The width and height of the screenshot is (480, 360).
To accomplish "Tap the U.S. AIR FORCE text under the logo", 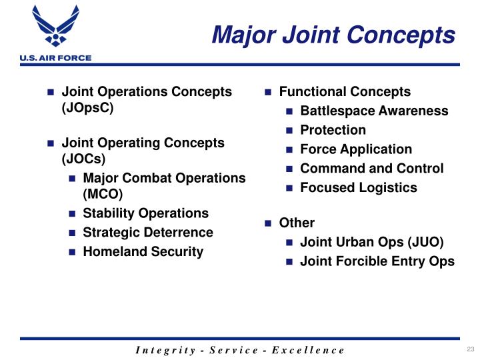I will pos(46,58).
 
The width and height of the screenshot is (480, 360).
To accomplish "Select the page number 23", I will pos(469,350).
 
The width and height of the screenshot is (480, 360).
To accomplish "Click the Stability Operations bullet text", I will pos(145,213).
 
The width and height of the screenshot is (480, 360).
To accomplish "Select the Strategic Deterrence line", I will pos(148,233).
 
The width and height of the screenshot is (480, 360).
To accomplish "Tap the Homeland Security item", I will pos(143,252).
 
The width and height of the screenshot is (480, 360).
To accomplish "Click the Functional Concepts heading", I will pos(345,92).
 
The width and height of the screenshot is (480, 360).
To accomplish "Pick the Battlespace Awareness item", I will pos(374,111).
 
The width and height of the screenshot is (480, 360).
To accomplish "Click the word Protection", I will pos(333,130).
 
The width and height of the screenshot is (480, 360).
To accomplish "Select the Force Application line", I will pos(356,149).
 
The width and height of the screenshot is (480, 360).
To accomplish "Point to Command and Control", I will pos(371,169).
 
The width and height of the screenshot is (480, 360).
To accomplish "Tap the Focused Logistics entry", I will pos(359,188).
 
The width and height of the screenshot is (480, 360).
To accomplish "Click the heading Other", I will pos(297,223).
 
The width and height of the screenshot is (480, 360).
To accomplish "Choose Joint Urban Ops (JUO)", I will pos(371,242).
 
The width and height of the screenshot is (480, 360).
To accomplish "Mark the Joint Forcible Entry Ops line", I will pos(377,261).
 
